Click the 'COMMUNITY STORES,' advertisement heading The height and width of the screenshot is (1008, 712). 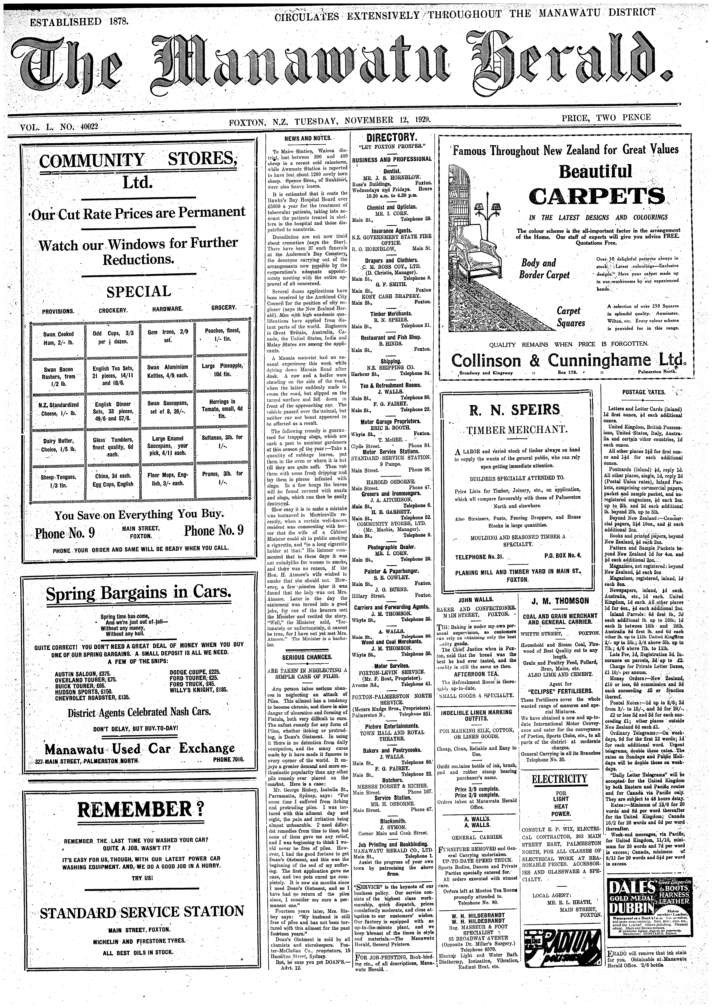pyautogui.click(x=138, y=160)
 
